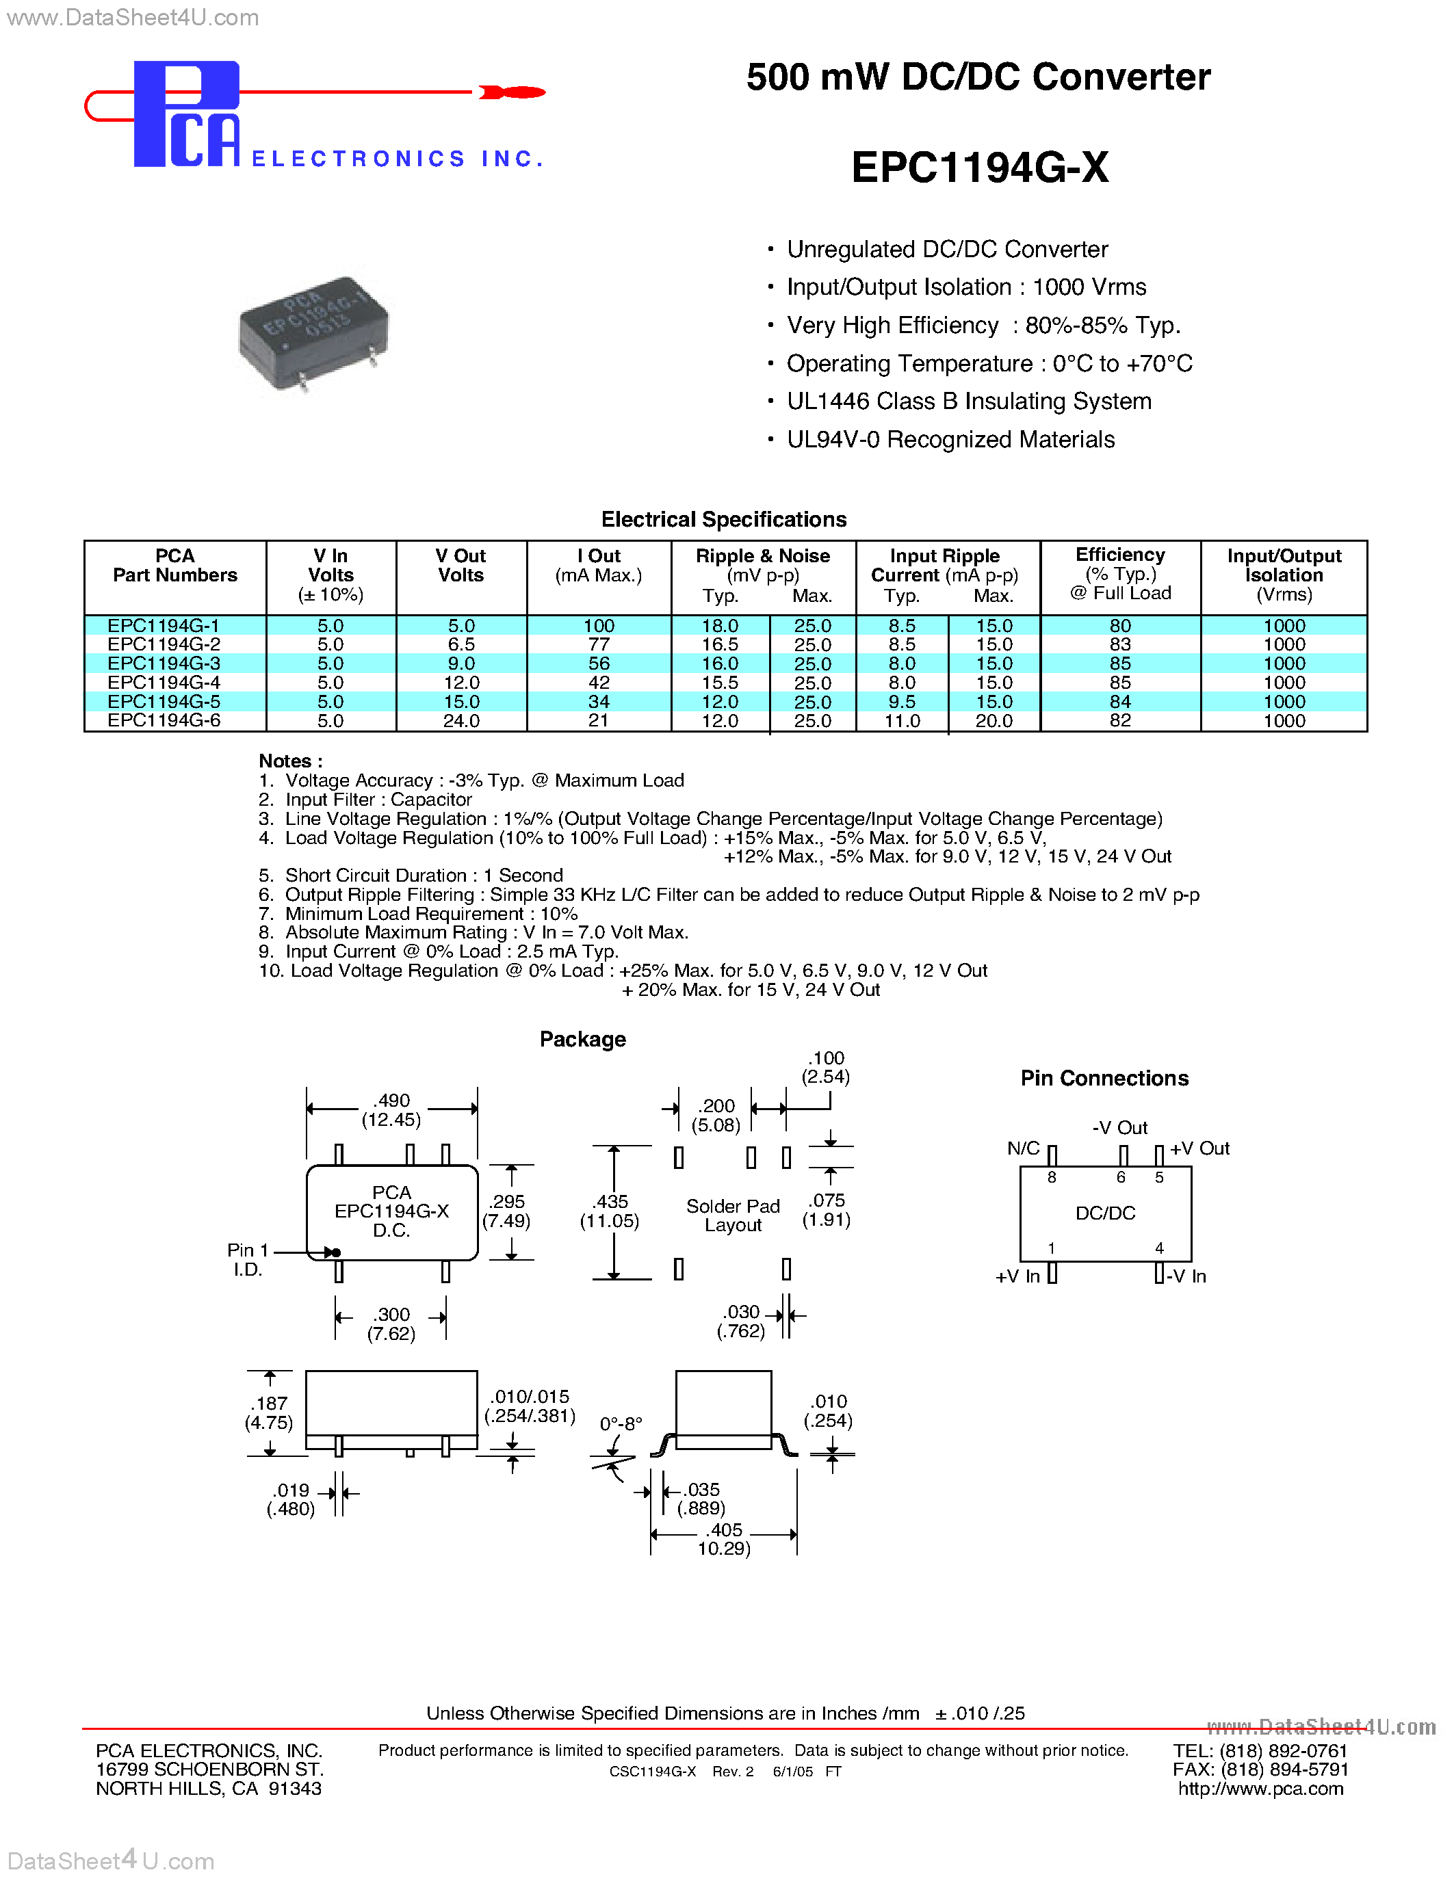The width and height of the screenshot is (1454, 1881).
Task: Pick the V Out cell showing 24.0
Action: [461, 721]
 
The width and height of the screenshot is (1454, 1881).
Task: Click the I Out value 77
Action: [599, 645]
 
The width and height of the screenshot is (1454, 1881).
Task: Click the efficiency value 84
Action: [1120, 702]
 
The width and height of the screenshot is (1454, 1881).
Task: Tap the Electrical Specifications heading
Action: [723, 519]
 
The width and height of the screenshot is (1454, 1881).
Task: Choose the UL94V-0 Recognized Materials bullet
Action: [950, 440]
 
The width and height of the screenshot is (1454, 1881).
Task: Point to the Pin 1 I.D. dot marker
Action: [336, 1252]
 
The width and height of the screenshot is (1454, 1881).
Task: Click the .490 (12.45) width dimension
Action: [392, 1110]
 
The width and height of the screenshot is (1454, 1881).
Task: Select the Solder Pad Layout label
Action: [733, 1215]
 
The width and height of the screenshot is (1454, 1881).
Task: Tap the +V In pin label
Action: [1017, 1276]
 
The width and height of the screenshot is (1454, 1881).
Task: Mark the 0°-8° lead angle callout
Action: [621, 1423]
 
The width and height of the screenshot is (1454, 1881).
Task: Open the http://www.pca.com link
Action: [1260, 1789]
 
